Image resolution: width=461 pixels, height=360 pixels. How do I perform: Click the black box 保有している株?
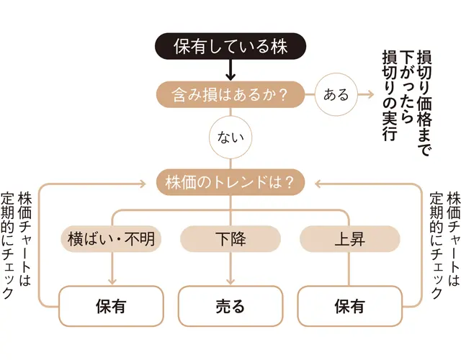[x=230, y=48]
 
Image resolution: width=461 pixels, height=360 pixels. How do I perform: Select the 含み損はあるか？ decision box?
[x=230, y=94]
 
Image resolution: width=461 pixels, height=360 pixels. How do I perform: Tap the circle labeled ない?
[x=230, y=135]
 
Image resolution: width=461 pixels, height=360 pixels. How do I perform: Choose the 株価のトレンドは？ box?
[x=230, y=181]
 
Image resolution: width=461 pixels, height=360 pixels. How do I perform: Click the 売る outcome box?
[x=230, y=306]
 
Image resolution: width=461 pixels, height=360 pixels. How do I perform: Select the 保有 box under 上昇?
[x=349, y=306]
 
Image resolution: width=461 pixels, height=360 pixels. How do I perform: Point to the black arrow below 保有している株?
[x=230, y=71]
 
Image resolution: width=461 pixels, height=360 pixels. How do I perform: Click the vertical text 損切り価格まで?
[x=424, y=104]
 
